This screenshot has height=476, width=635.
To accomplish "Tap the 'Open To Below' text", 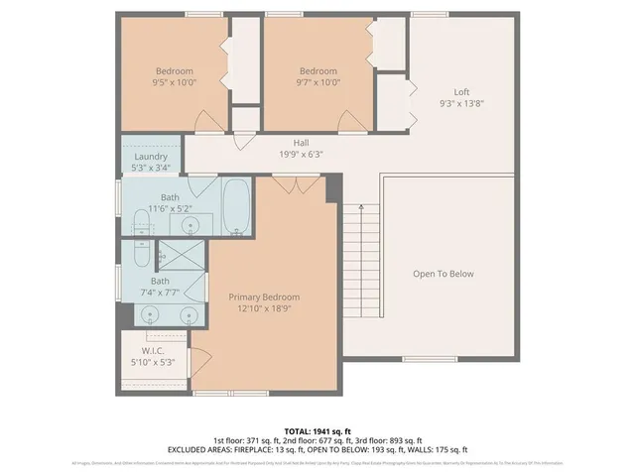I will coord(444,274).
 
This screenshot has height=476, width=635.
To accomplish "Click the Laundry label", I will coord(150,156).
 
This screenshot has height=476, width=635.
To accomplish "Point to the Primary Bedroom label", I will coord(264,297).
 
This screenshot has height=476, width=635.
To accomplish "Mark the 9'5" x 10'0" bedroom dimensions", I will coord(174,83).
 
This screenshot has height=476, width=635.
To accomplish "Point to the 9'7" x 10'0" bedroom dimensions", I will coord(318,83).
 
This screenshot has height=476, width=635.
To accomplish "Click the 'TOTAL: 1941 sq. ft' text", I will coord(317,431).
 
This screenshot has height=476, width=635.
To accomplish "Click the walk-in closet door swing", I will coord(202,360).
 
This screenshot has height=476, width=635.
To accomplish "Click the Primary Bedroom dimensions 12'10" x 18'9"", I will coord(264,308).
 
